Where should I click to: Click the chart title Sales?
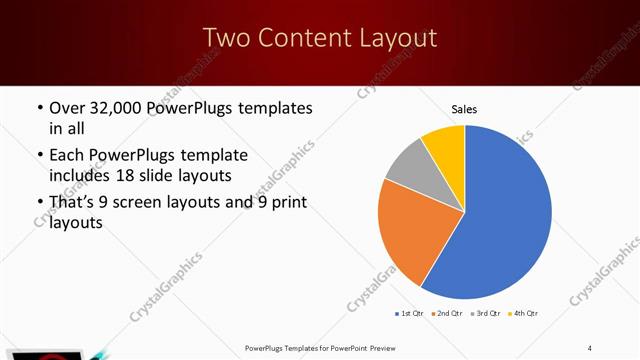465,108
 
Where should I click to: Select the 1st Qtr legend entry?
410,314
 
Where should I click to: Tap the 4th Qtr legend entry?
526,314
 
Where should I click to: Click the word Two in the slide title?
226,38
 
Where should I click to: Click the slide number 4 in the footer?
590,347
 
